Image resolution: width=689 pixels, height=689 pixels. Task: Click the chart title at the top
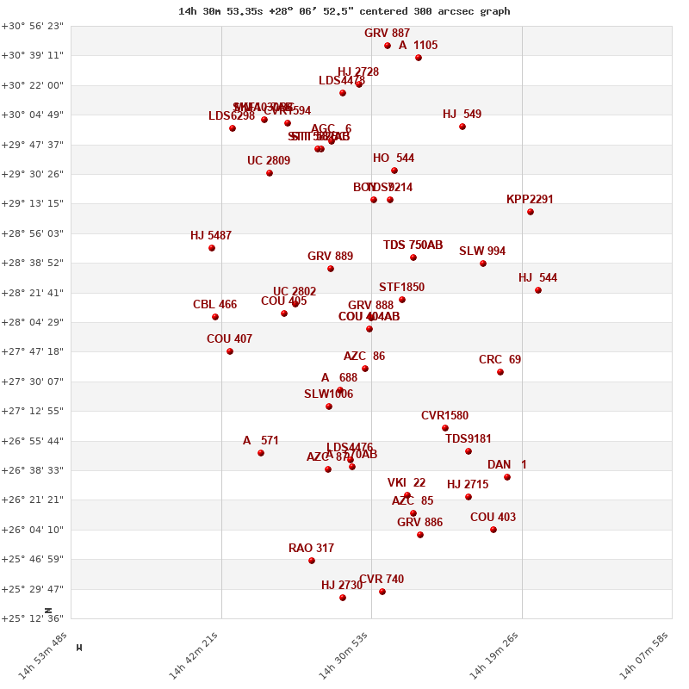tap(344, 11)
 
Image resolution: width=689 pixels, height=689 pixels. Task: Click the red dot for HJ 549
tap(462, 127)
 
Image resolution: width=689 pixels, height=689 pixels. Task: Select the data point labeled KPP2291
tap(531, 212)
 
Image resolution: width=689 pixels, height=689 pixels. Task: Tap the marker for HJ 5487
tap(212, 248)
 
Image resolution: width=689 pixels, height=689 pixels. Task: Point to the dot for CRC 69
tap(500, 372)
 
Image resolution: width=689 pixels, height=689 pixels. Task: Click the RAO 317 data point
tap(312, 561)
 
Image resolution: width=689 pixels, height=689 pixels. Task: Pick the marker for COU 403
tap(493, 530)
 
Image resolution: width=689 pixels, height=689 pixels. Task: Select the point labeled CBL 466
tap(215, 317)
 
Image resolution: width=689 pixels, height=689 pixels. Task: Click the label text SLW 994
tap(482, 251)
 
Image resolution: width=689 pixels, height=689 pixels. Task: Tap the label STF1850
tap(401, 287)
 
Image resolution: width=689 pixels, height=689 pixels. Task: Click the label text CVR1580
tap(444, 416)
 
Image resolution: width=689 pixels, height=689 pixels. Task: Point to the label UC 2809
tap(269, 161)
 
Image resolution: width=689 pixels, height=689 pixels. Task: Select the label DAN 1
tap(506, 465)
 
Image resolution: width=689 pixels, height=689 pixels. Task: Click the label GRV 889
tap(330, 257)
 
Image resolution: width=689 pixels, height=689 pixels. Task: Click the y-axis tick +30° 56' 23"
tap(33, 27)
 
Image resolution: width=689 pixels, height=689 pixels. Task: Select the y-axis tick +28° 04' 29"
tap(33, 322)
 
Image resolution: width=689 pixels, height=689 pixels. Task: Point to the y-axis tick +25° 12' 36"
tap(33, 618)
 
